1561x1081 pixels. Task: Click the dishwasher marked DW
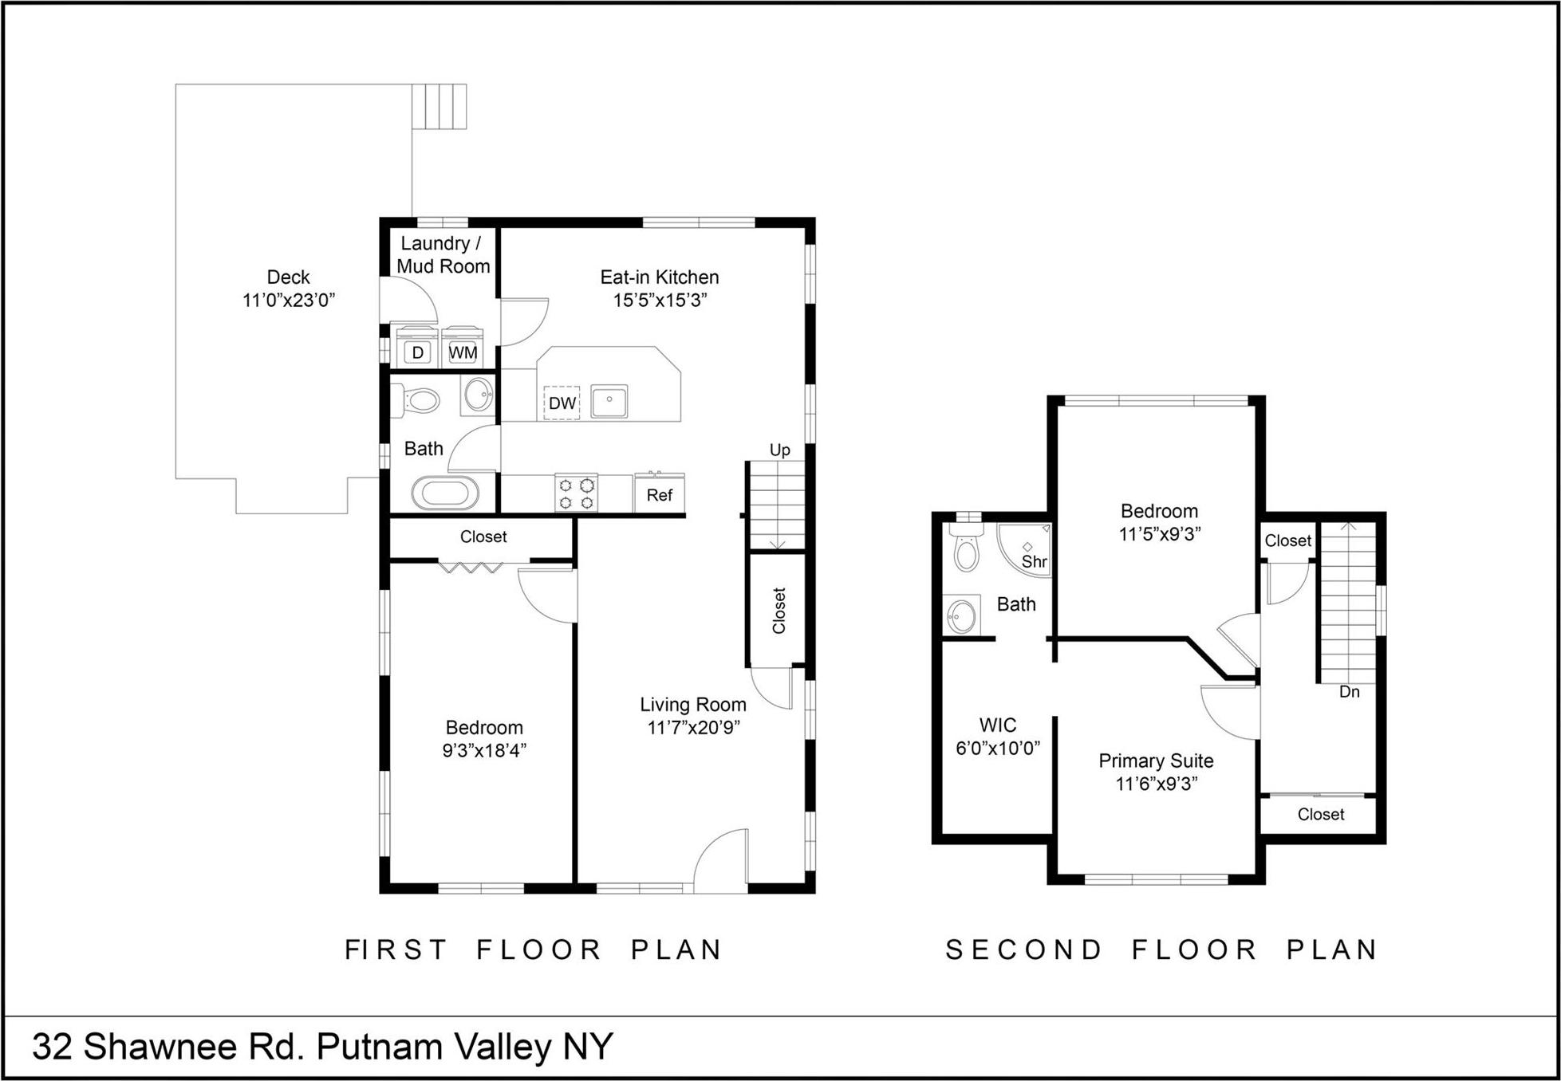click(x=562, y=403)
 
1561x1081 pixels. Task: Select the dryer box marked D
click(x=417, y=352)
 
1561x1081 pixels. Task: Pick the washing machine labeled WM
click(x=463, y=352)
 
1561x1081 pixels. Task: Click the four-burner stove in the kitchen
click(x=576, y=493)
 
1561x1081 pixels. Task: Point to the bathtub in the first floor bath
click(x=445, y=493)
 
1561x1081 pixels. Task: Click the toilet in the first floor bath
click(x=419, y=399)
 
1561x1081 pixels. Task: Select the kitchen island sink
click(x=609, y=401)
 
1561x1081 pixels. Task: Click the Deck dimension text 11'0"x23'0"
click(x=288, y=300)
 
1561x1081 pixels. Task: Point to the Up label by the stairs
click(x=779, y=450)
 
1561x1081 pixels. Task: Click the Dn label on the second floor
click(x=1349, y=691)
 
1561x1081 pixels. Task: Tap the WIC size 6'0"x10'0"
click(x=998, y=748)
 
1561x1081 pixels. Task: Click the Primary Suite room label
click(x=1156, y=761)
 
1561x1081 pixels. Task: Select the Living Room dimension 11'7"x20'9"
click(x=693, y=727)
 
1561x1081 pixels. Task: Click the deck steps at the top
click(x=439, y=106)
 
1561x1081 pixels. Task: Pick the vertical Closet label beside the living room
click(x=779, y=611)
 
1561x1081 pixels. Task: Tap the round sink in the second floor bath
click(x=961, y=616)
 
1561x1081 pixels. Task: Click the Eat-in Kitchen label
click(x=660, y=277)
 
